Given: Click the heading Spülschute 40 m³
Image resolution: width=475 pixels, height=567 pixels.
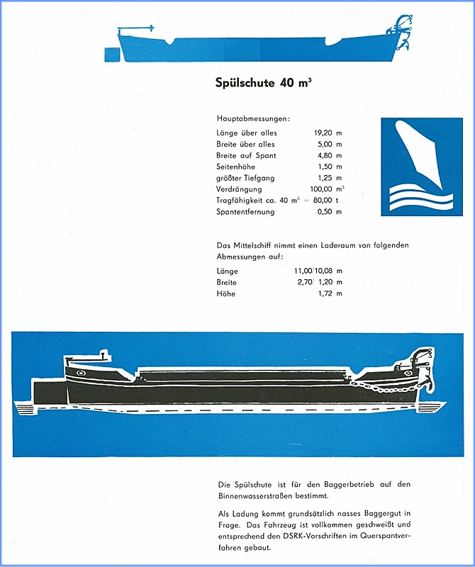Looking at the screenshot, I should pyautogui.click(x=263, y=83).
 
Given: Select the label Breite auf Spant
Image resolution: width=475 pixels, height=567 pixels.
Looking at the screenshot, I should pyautogui.click(x=246, y=155).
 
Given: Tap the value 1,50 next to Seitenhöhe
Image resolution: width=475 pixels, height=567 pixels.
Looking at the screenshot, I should pyautogui.click(x=327, y=167).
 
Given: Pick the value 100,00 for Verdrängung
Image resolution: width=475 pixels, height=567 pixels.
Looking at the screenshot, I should pyautogui.click(x=323, y=189).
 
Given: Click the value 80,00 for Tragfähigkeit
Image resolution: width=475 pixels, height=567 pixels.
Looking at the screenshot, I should pyautogui.click(x=325, y=201).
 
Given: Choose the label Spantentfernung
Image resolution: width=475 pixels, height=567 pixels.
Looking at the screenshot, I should pyautogui.click(x=245, y=212).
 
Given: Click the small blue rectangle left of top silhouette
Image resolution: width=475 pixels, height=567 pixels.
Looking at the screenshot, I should pyautogui.click(x=111, y=55).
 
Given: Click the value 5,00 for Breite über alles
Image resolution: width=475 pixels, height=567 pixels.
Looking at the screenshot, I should pyautogui.click(x=326, y=144).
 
